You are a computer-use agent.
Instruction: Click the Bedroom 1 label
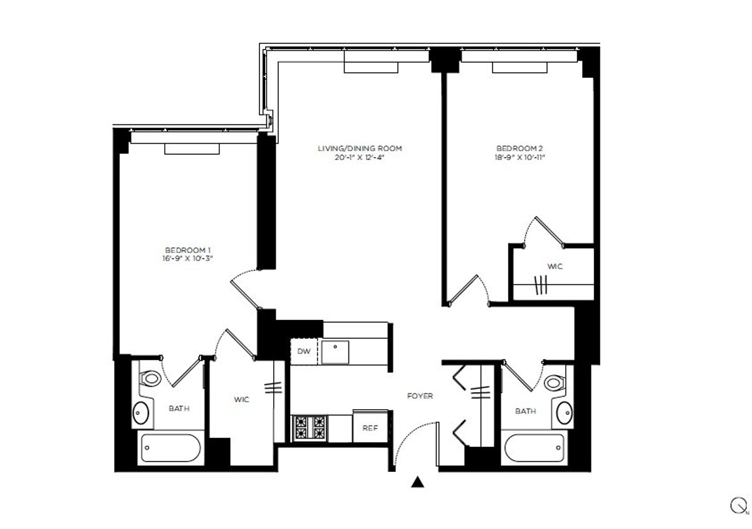[187, 250]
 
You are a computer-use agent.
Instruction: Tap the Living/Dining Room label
[360, 149]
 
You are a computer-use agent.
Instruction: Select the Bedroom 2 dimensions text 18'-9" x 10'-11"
[520, 158]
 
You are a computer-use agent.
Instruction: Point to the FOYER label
[420, 396]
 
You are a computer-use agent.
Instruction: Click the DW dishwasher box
[304, 351]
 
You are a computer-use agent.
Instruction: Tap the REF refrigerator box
[370, 427]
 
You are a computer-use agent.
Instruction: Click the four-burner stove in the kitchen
[310, 428]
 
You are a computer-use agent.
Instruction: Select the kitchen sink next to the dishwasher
[335, 352]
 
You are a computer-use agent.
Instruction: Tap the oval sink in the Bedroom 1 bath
[140, 413]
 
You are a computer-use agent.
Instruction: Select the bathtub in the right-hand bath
[535, 448]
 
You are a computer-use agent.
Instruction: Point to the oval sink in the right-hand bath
[565, 412]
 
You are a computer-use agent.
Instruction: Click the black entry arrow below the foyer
[417, 482]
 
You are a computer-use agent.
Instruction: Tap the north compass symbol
[738, 506]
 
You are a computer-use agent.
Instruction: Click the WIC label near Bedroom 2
[555, 267]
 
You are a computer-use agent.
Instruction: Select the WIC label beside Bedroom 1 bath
[242, 400]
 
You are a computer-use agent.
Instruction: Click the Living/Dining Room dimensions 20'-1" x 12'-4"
[359, 158]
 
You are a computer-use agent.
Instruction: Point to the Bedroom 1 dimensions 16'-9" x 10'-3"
[187, 259]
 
